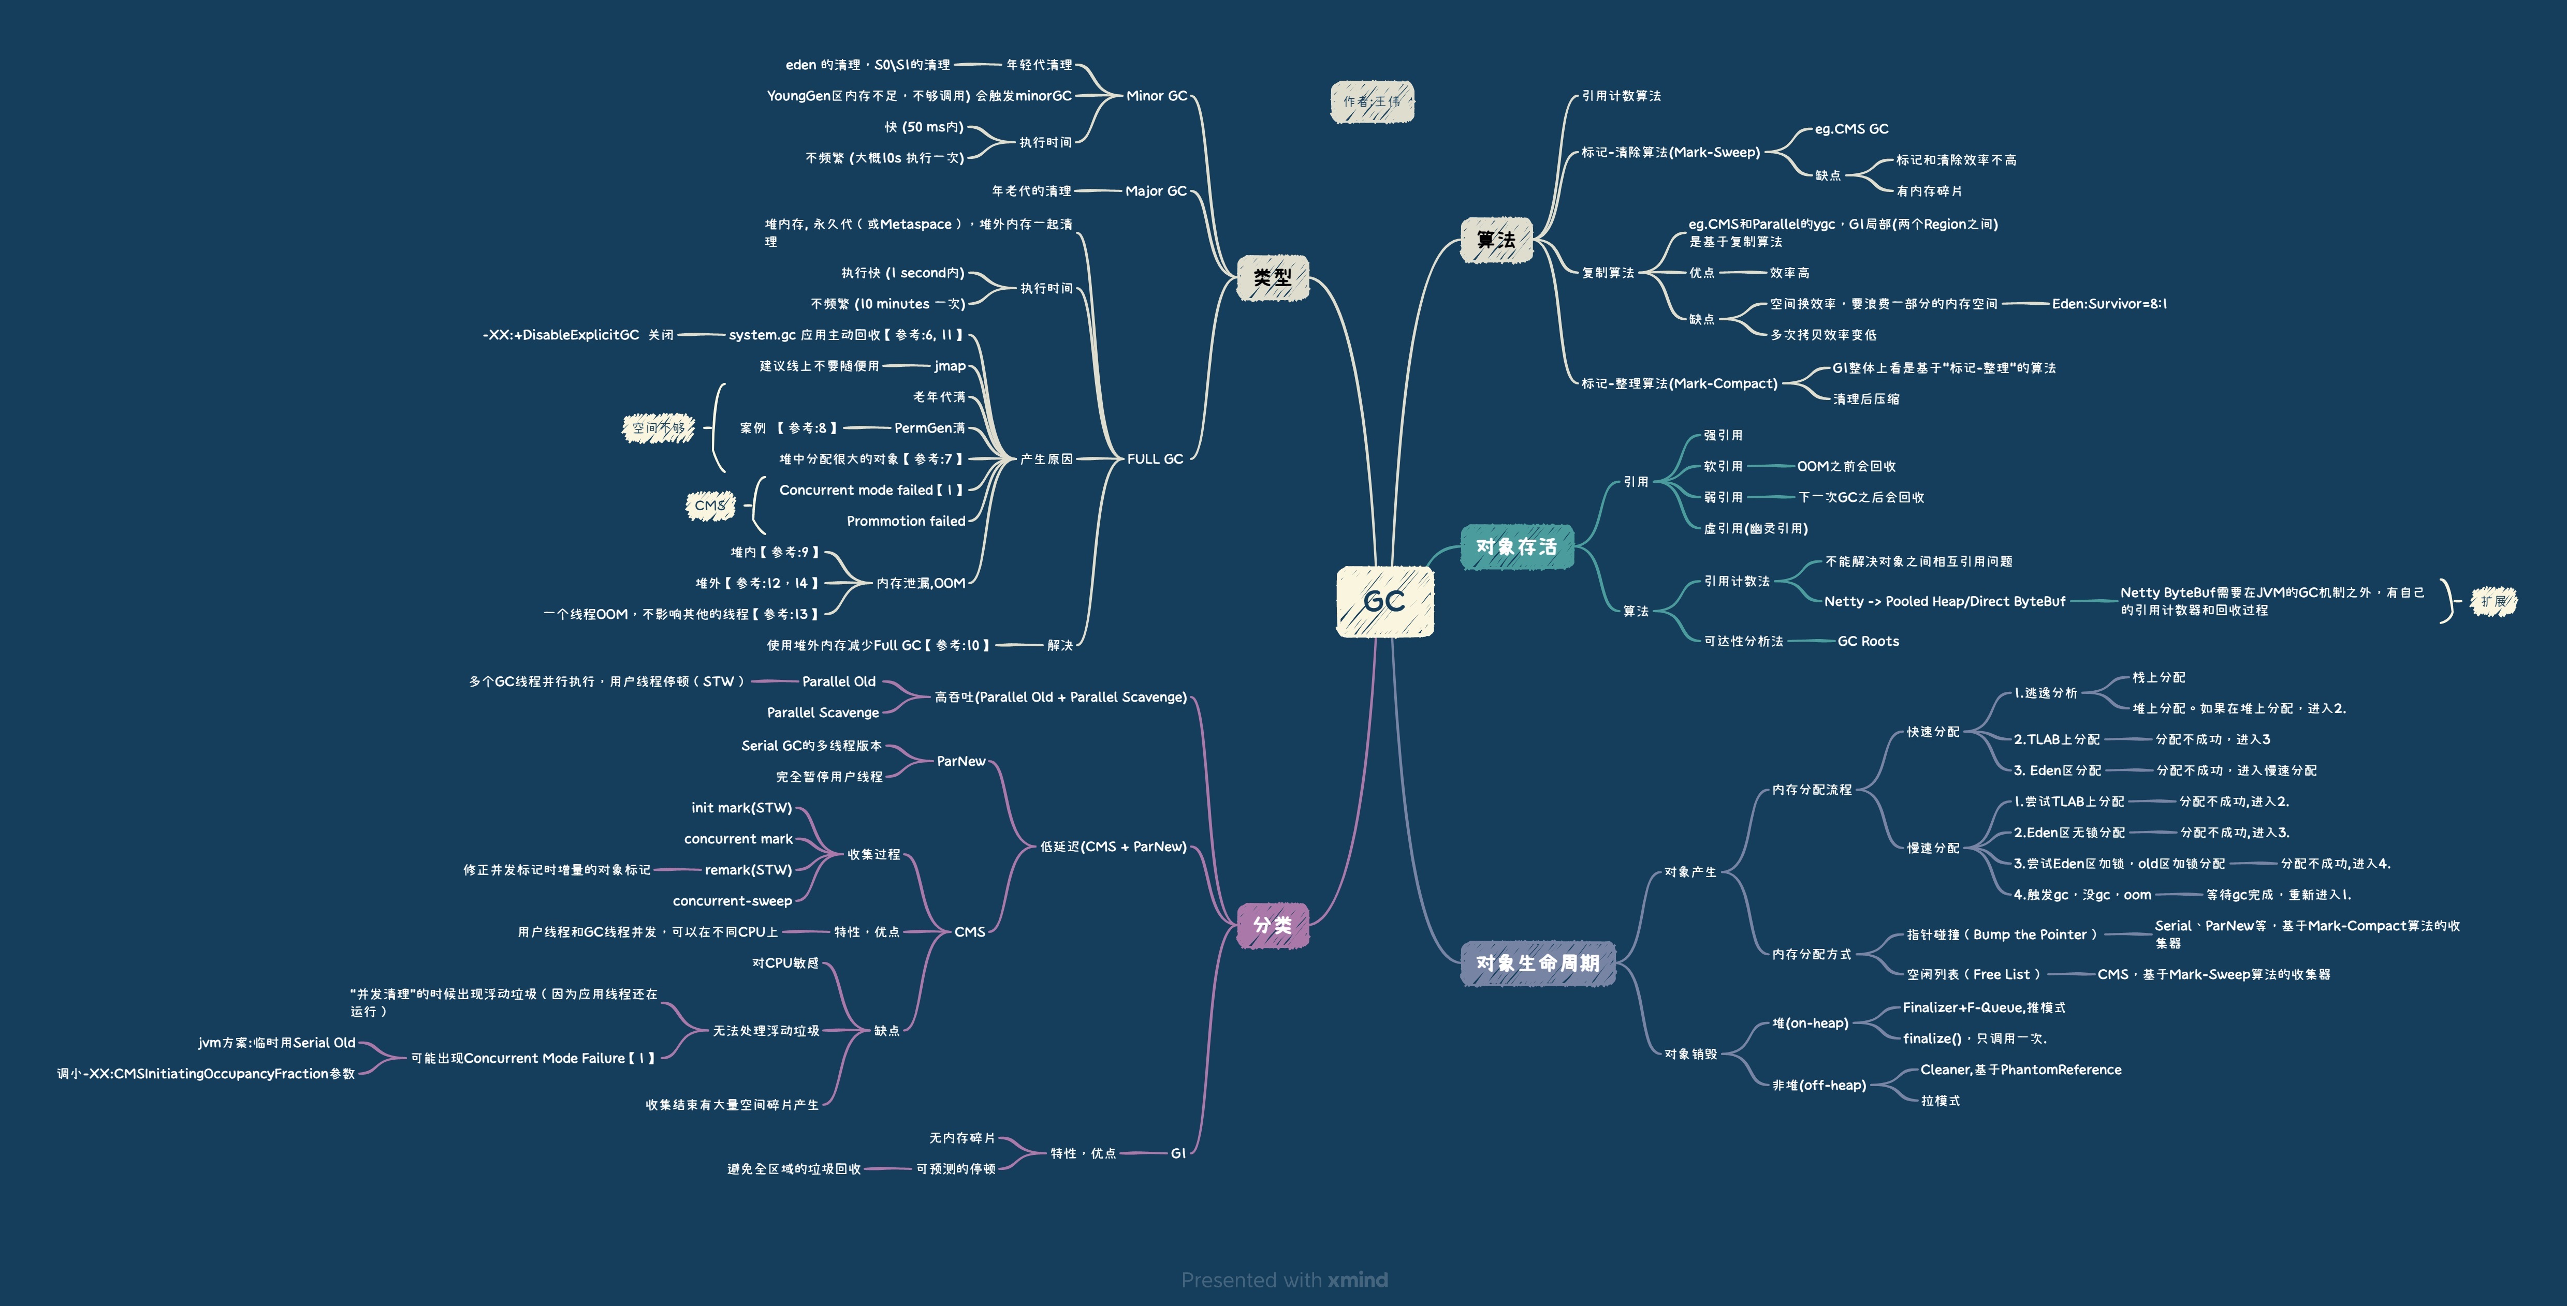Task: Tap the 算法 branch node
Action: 1496,240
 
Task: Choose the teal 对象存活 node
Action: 1515,547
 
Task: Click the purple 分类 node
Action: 1273,926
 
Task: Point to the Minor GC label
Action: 1157,96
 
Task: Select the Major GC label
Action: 1156,190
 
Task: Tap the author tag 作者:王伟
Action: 1372,101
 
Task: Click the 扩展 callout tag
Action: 2493,601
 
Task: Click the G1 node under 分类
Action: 1178,1153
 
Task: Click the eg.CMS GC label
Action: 1851,128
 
